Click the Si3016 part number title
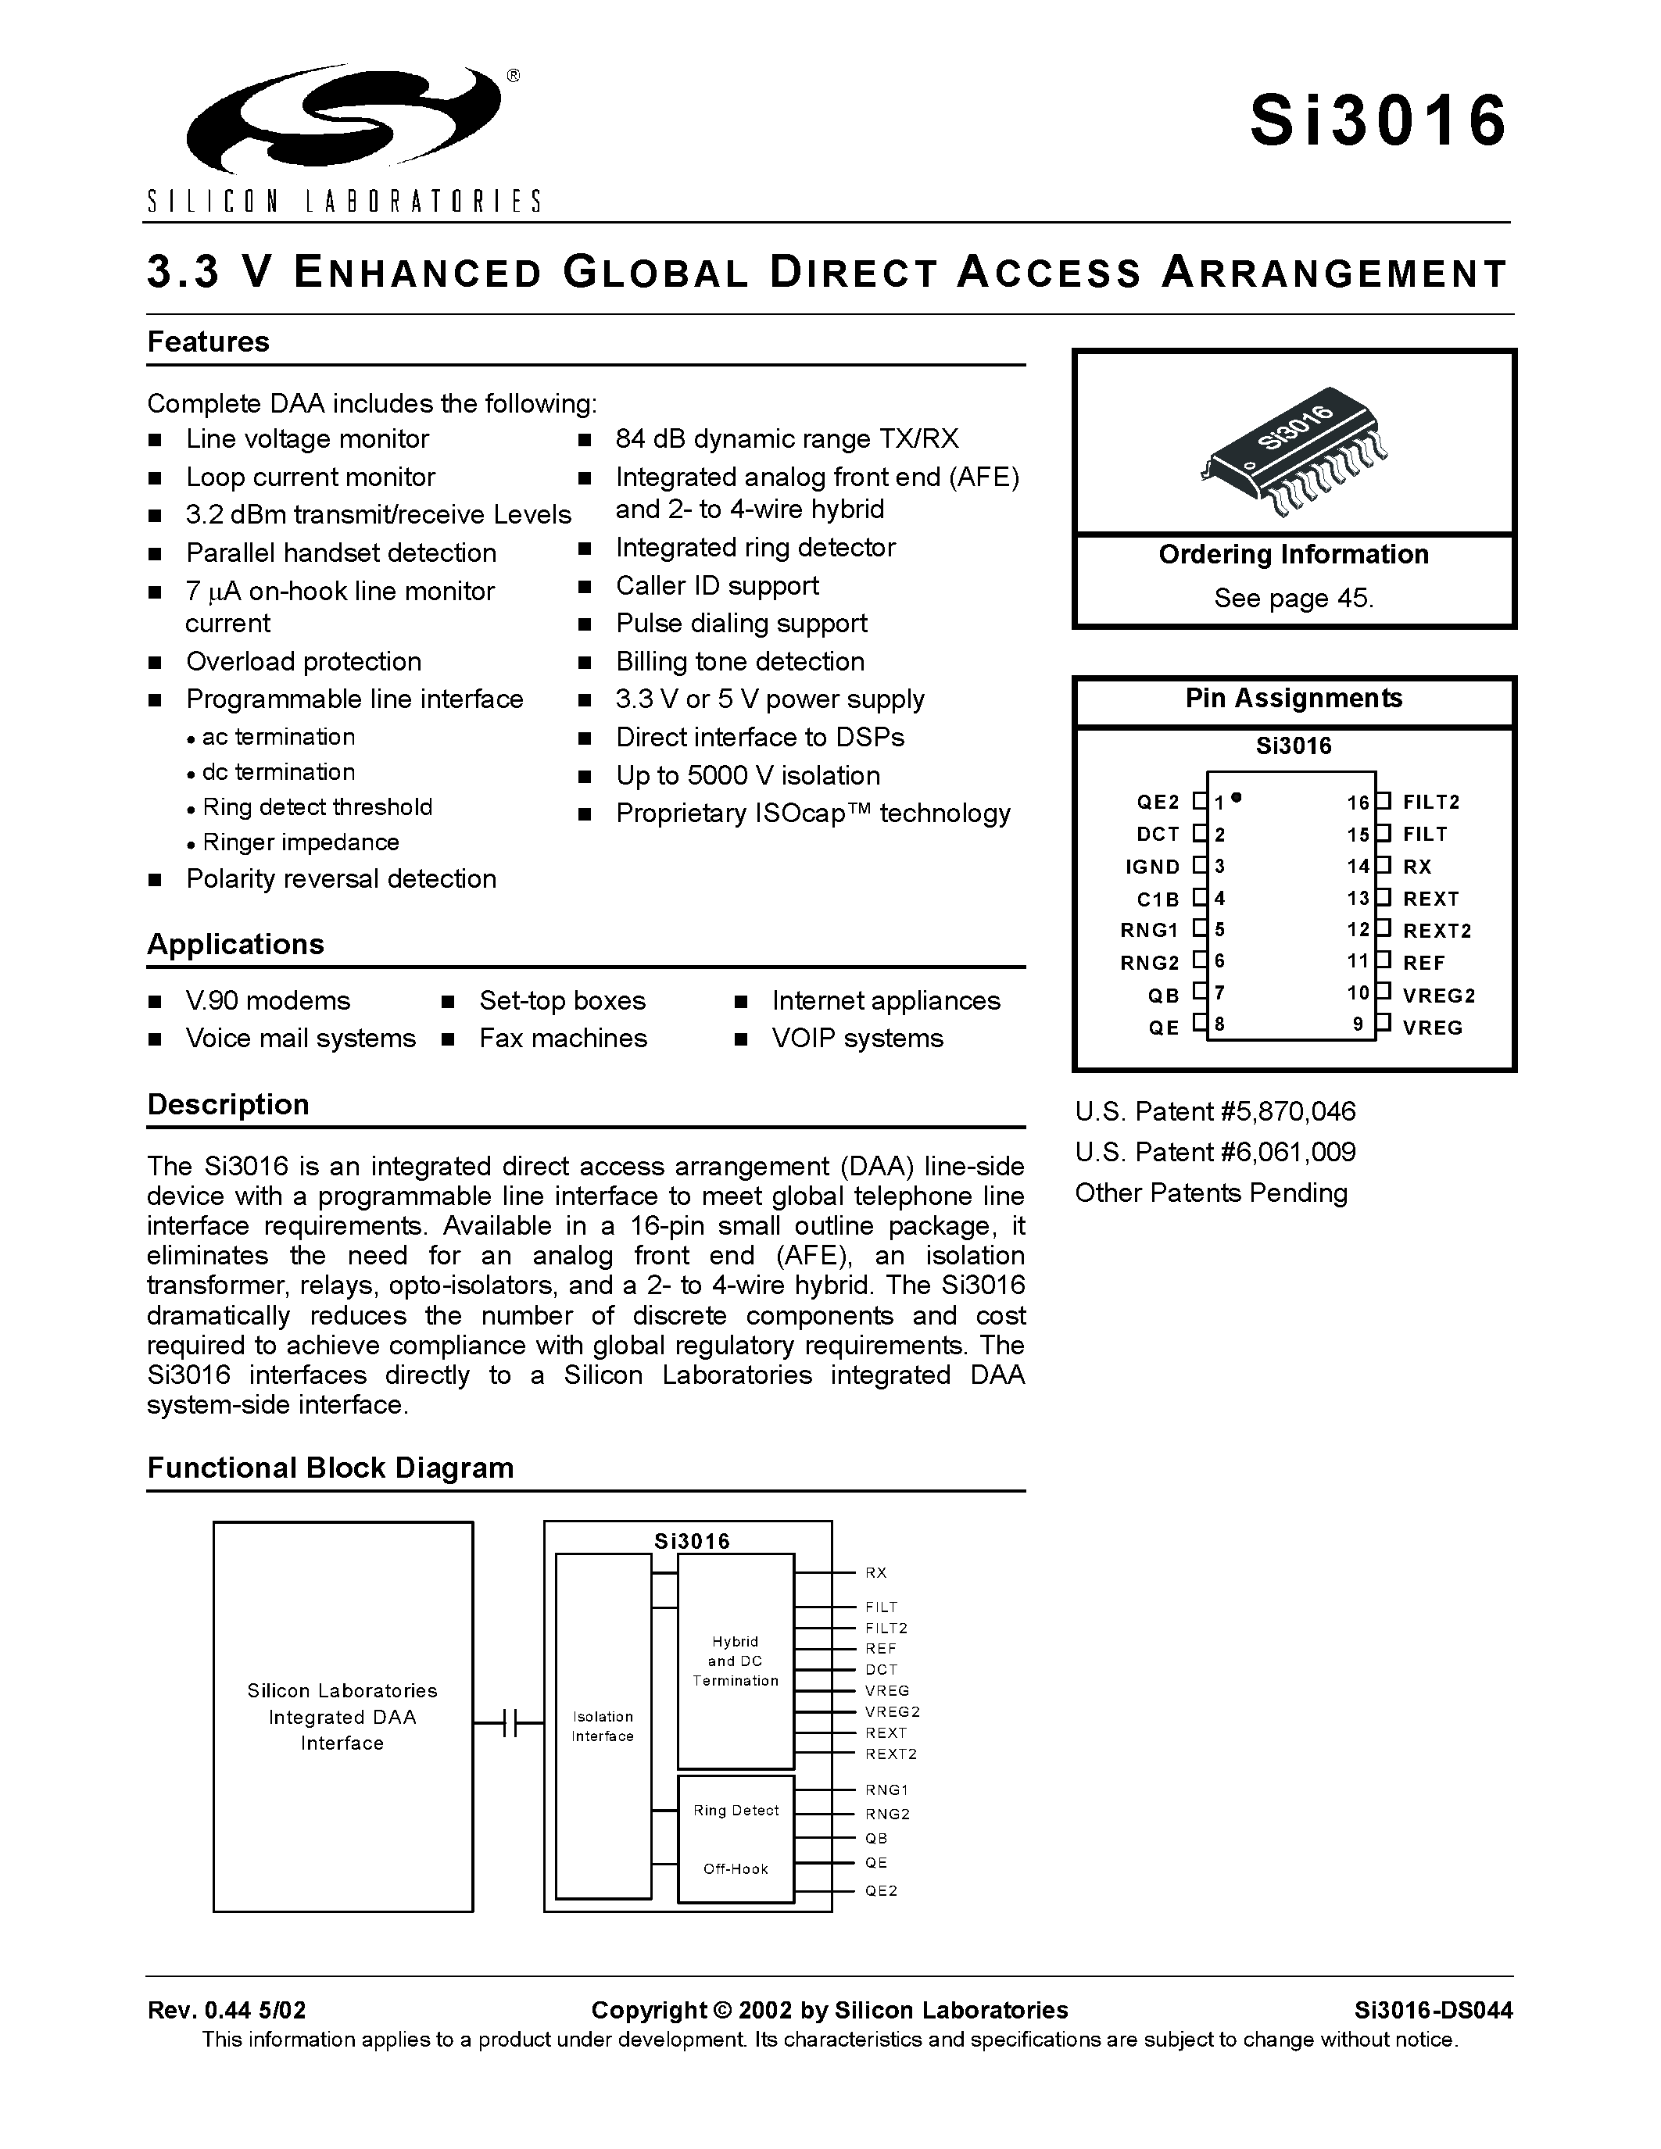click(1377, 121)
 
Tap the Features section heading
click(208, 341)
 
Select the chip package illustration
click(1293, 455)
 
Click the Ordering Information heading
click(1293, 554)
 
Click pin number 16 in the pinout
click(1357, 803)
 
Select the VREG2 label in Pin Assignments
click(1438, 995)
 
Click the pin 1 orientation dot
click(1236, 797)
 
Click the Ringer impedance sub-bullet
click(300, 842)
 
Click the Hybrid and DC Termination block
click(735, 1661)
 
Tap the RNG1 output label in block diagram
click(886, 1790)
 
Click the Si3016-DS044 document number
click(1433, 2009)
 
